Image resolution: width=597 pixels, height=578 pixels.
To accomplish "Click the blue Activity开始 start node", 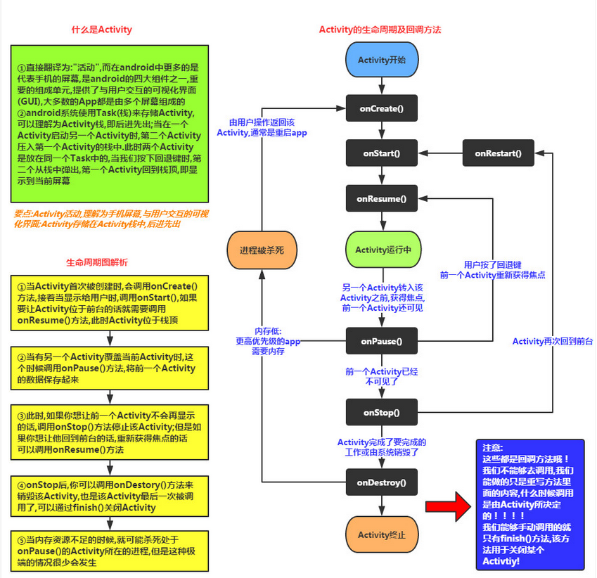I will pyautogui.click(x=382, y=60).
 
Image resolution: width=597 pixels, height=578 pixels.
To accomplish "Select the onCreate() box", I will pyautogui.click(x=382, y=108).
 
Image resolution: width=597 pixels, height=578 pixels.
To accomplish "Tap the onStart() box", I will pyautogui.click(x=382, y=153).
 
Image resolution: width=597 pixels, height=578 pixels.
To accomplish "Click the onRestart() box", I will pyautogui.click(x=497, y=153).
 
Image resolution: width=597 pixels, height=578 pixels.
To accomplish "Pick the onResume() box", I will pyautogui.click(x=382, y=198).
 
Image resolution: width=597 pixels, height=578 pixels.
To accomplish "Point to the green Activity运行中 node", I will pyautogui.click(x=382, y=250).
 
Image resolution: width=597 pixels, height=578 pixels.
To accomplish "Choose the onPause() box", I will pyautogui.click(x=382, y=341).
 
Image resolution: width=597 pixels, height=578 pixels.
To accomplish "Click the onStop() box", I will pyautogui.click(x=382, y=412).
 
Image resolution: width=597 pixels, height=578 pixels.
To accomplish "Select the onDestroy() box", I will pyautogui.click(x=382, y=482).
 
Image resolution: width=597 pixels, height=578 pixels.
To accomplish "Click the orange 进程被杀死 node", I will pyautogui.click(x=262, y=250).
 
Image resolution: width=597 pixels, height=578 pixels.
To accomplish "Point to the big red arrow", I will pyautogui.click(x=449, y=506).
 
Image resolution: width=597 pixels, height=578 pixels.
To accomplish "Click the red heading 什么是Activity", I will pyautogui.click(x=102, y=30).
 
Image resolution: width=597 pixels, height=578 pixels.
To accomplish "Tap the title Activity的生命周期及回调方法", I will pyautogui.click(x=380, y=30).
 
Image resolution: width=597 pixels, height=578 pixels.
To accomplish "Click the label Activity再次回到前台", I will pyautogui.click(x=553, y=341).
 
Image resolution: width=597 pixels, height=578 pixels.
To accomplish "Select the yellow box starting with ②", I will pyautogui.click(x=110, y=368).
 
